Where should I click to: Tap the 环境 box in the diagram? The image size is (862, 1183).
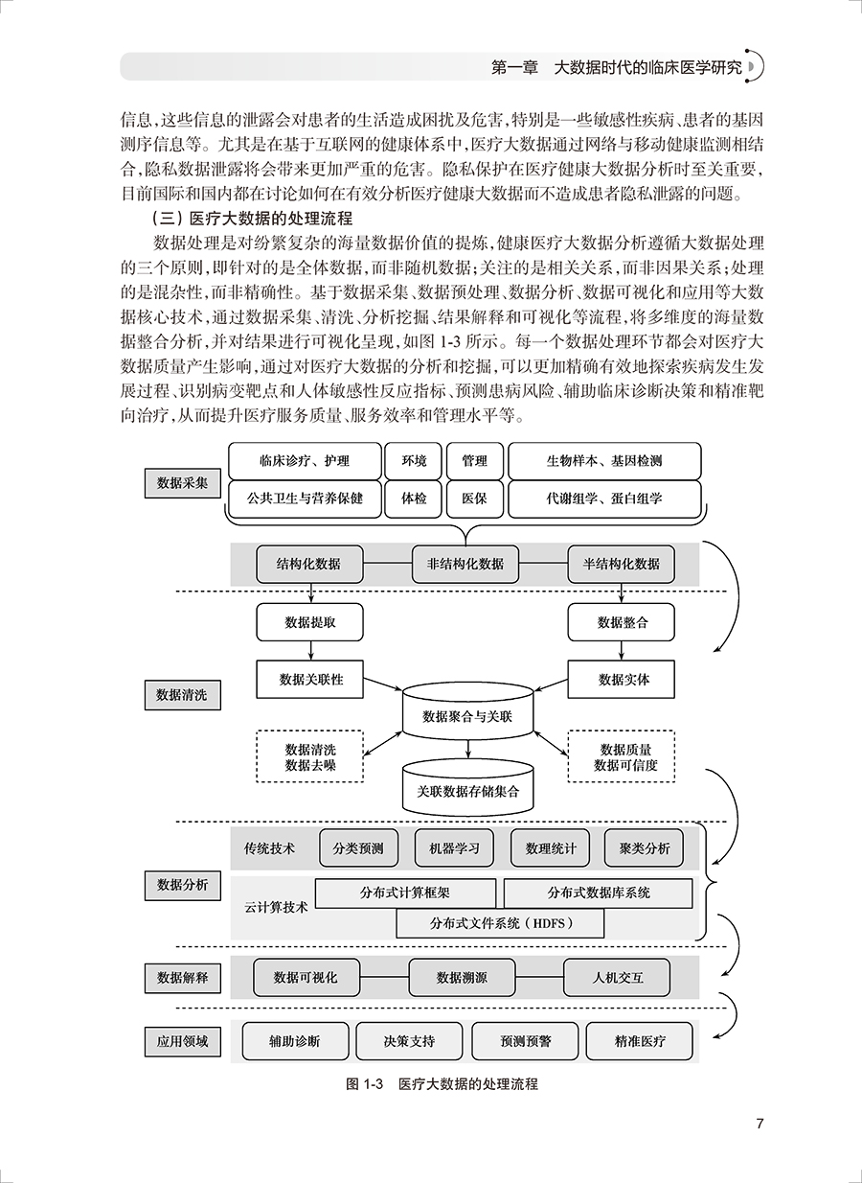tap(414, 461)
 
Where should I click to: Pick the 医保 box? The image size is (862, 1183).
tap(474, 499)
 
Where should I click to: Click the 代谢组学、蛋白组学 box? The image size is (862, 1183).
tap(604, 499)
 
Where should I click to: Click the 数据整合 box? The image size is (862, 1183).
tap(622, 623)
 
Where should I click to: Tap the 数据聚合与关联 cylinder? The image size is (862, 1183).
tap(466, 715)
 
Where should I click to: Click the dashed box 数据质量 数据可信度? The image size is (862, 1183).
tap(624, 757)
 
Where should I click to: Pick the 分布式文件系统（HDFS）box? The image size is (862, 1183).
tap(500, 924)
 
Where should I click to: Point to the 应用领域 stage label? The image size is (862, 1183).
tap(182, 1041)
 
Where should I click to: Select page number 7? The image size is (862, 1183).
tap(760, 1125)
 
